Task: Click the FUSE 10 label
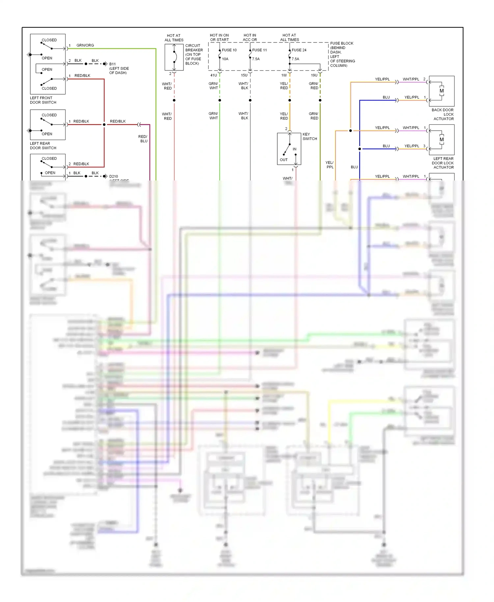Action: [229, 50]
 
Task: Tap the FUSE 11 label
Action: [259, 50]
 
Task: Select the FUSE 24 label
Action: [299, 50]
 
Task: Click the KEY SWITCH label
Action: [310, 136]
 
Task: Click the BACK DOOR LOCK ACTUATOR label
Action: [443, 114]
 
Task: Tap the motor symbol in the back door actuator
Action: [442, 91]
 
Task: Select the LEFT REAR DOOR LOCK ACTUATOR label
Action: [443, 163]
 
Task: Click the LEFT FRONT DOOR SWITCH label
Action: [43, 100]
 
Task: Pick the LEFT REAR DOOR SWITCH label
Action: [43, 146]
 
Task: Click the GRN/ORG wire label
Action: [85, 45]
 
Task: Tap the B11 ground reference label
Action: [112, 64]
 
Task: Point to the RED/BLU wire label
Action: [144, 139]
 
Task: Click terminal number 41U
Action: [213, 75]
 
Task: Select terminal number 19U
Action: [314, 75]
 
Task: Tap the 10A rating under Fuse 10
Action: [225, 59]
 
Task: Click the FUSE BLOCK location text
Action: [342, 54]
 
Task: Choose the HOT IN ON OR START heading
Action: [219, 38]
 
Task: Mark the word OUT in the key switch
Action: [284, 160]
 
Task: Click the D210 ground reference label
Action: [114, 177]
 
